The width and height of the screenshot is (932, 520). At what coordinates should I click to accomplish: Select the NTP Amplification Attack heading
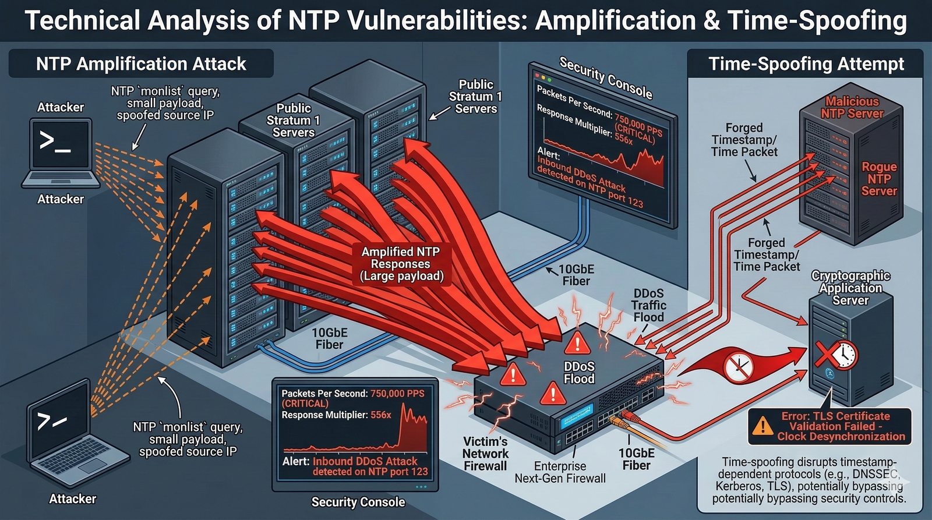point(141,63)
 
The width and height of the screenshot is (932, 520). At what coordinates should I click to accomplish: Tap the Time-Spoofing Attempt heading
point(806,63)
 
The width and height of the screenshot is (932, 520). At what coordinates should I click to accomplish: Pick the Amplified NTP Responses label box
point(401,264)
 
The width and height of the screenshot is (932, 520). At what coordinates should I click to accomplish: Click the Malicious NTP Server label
point(852,108)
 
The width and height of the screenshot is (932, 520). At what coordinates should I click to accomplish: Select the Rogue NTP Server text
point(879,179)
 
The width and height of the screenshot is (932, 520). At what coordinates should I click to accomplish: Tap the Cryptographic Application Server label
point(850,288)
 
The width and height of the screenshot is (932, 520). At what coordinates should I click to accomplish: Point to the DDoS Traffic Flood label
point(648,305)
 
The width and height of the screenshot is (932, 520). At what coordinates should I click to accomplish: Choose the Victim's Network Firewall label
point(486,454)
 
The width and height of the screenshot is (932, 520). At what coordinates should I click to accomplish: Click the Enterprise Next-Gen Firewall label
point(560,472)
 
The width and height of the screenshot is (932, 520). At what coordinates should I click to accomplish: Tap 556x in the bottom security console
point(381,415)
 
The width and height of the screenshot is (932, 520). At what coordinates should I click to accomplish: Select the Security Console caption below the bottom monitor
point(358,502)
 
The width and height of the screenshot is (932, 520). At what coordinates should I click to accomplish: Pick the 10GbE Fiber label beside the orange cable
point(636,459)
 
